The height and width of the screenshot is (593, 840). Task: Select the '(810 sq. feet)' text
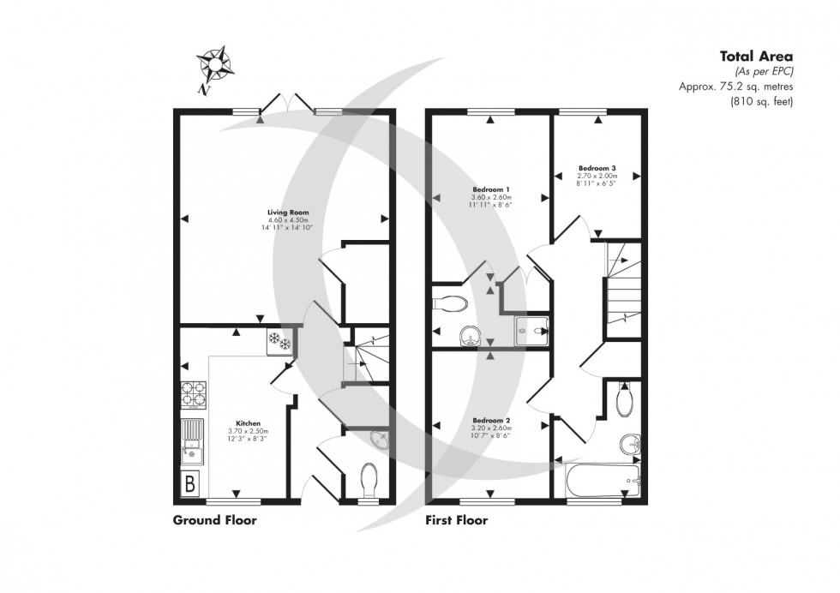tap(761, 101)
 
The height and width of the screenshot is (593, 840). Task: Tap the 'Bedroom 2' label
tap(491, 421)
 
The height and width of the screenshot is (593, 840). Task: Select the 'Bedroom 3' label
tap(597, 167)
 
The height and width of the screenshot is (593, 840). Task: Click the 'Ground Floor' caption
tap(214, 519)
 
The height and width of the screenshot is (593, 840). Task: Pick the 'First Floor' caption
tap(457, 519)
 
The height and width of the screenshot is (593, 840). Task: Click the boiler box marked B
tap(190, 484)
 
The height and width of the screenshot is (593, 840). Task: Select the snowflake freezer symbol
tap(279, 340)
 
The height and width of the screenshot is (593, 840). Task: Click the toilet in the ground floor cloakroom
tap(369, 481)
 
